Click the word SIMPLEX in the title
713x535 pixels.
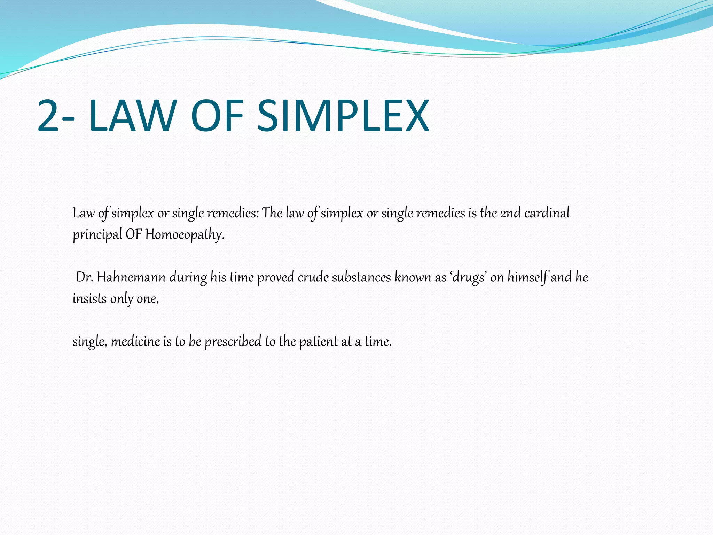pyautogui.click(x=343, y=116)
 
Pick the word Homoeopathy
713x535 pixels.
pyautogui.click(x=185, y=234)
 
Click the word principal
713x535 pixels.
pyautogui.click(x=97, y=234)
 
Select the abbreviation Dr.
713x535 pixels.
pyautogui.click(x=84, y=277)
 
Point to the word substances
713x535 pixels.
pyautogui.click(x=361, y=277)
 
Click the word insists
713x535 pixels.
pyautogui.click(x=89, y=299)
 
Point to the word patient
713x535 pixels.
pyautogui.click(x=318, y=341)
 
